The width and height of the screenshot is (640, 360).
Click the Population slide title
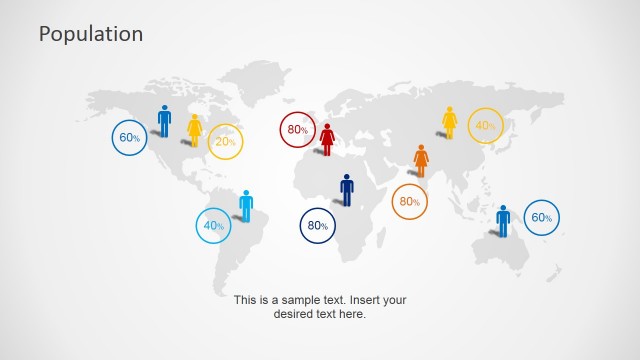[x=91, y=34]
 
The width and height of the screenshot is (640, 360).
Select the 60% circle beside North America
[x=129, y=138]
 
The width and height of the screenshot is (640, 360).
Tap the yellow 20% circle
[x=225, y=142]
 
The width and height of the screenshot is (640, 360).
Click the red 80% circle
[x=298, y=130]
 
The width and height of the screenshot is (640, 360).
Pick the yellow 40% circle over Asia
[x=485, y=126]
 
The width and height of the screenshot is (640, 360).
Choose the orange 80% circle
[x=409, y=202]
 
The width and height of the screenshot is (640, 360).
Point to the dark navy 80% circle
[x=318, y=226]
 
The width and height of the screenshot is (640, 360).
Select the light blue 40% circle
[x=213, y=226]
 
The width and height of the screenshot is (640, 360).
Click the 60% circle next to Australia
[x=540, y=218]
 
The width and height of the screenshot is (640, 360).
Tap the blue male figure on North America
[x=164, y=121]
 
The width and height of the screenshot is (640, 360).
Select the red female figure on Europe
[x=327, y=139]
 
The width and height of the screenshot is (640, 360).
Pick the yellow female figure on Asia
[x=450, y=122]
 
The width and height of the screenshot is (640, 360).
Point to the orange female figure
[x=421, y=160]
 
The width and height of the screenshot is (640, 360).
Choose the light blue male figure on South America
[x=246, y=205]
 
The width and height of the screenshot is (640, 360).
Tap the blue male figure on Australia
[x=503, y=220]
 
